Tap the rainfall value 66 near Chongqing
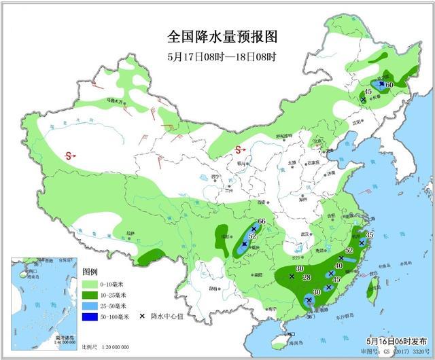(x=262, y=222)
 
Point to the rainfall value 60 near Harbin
(x=390, y=84)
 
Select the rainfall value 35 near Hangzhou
(x=370, y=234)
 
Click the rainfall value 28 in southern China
(x=306, y=278)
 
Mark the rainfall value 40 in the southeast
(x=338, y=266)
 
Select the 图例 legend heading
(x=89, y=272)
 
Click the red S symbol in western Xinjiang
(x=69, y=156)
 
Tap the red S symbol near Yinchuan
(x=239, y=150)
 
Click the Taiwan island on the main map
(x=371, y=290)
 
